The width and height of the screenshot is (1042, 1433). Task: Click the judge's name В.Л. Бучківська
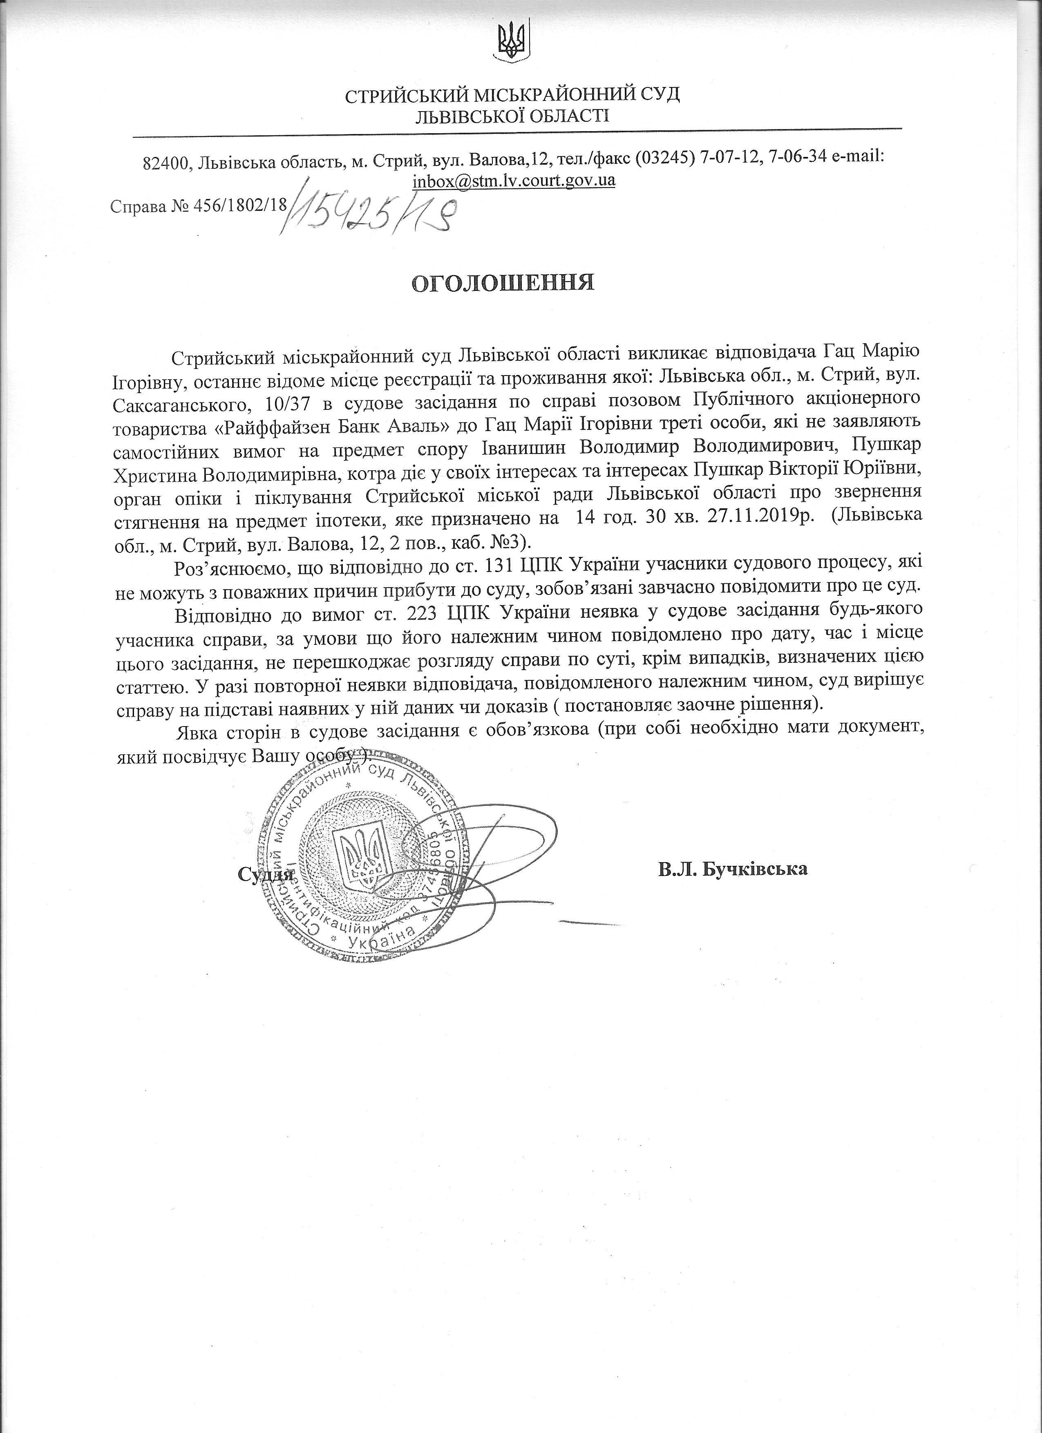click(x=732, y=870)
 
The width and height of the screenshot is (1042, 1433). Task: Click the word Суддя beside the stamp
click(x=265, y=874)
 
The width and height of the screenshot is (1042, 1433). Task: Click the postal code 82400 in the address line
click(x=167, y=162)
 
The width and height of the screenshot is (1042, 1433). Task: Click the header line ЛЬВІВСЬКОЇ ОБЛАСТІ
click(x=512, y=116)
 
